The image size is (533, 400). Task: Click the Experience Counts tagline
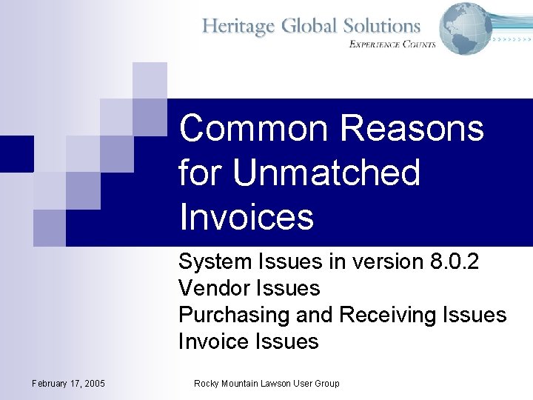[x=392, y=44]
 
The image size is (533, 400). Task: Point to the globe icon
[x=465, y=28]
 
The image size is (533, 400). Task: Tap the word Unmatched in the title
[x=326, y=173]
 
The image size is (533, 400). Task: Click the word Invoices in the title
[x=247, y=217]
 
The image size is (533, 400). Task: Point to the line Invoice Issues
[x=248, y=341]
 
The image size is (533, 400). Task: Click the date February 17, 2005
[x=69, y=383]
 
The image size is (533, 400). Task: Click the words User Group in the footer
[x=316, y=383]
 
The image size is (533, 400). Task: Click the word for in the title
[x=200, y=173]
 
